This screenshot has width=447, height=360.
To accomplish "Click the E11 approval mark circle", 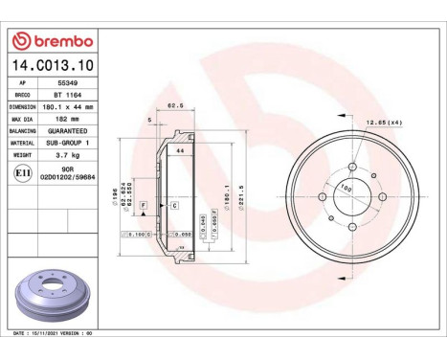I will [23, 173].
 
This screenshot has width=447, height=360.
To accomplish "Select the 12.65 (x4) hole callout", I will [383, 123].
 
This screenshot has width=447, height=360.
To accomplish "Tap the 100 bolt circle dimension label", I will [346, 189].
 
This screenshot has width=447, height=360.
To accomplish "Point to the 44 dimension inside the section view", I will [179, 150].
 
